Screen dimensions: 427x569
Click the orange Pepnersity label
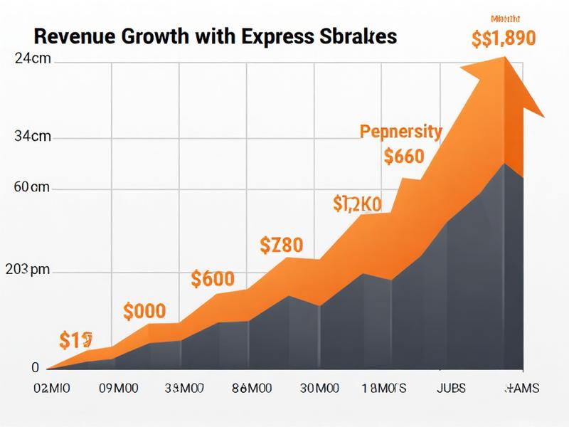400,132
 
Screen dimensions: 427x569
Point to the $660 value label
403,156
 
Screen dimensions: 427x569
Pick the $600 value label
213,279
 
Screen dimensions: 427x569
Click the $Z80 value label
281,246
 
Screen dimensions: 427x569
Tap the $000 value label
144,311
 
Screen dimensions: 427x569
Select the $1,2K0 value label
357,204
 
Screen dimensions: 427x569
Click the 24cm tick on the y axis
33,60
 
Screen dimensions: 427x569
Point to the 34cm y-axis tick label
33,137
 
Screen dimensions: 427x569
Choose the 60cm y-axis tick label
31,188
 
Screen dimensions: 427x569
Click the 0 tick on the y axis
35,368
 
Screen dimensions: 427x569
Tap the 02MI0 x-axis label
52,389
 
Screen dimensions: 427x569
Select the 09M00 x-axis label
117,389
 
